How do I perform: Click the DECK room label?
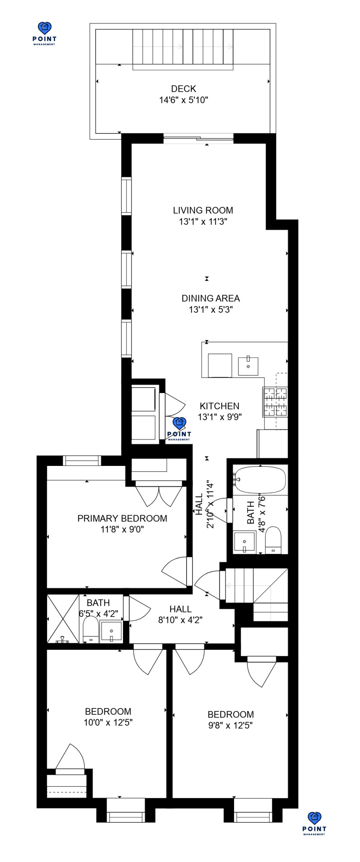click(x=184, y=89)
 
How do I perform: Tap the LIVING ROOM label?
click(x=203, y=210)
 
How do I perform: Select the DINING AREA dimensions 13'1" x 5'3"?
click(x=211, y=310)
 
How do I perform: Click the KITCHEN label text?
click(x=219, y=406)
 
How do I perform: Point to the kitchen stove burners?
click(x=275, y=402)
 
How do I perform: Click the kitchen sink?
click(x=248, y=366)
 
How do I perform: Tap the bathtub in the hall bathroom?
click(x=260, y=480)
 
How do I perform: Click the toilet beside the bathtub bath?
click(x=273, y=540)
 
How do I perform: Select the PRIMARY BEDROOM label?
click(x=122, y=519)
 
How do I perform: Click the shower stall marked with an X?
click(x=63, y=619)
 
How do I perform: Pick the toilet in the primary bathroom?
click(x=91, y=630)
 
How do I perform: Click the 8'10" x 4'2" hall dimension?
click(x=181, y=620)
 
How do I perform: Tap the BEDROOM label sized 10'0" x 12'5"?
click(x=108, y=712)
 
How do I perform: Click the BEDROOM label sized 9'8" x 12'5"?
click(x=231, y=715)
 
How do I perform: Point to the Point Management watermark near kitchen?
click(x=179, y=429)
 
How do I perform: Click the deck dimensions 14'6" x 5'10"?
click(x=184, y=100)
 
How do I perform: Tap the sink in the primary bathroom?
click(x=112, y=631)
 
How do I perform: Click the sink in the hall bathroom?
click(x=245, y=542)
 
